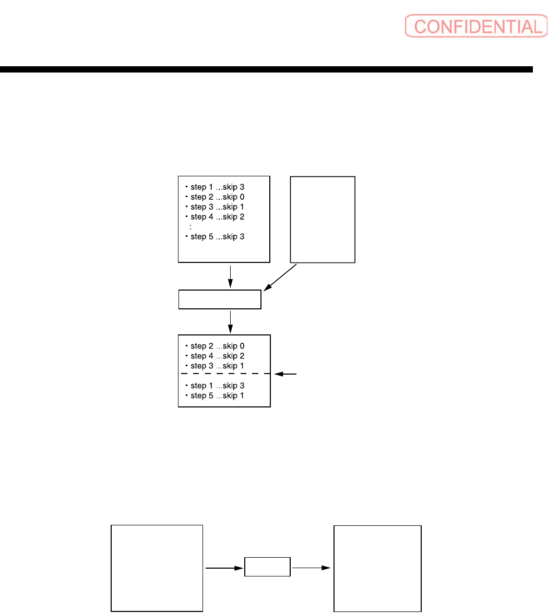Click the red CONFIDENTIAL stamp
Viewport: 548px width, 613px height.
(x=473, y=26)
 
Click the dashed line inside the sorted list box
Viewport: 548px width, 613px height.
(x=224, y=374)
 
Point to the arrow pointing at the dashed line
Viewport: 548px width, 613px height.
(x=286, y=374)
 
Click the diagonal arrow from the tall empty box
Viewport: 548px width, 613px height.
(x=280, y=277)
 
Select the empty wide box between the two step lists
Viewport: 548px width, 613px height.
(x=219, y=300)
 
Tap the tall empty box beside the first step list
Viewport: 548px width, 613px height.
(x=323, y=219)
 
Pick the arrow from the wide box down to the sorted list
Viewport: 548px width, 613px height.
(x=230, y=322)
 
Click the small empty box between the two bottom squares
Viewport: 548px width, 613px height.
(x=267, y=567)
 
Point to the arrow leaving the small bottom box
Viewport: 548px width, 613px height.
(x=311, y=567)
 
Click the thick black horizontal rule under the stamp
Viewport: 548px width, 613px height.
(x=266, y=69)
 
